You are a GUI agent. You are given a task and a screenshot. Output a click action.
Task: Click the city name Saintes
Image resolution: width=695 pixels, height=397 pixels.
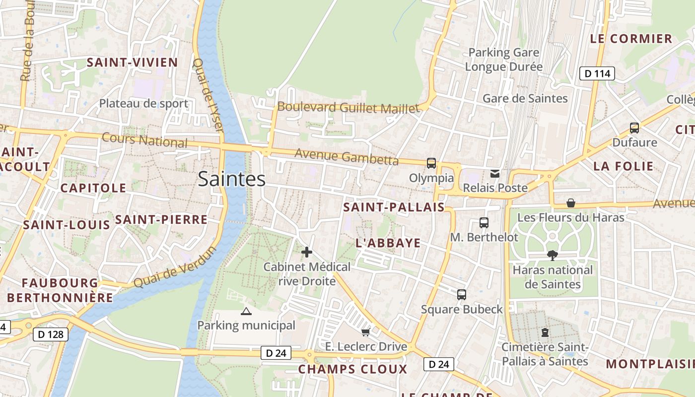pos(231,179)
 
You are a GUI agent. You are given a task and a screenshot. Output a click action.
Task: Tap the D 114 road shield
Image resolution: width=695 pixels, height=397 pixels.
pos(597,73)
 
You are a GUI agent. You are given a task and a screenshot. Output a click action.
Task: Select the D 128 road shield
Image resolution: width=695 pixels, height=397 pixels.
pos(51,334)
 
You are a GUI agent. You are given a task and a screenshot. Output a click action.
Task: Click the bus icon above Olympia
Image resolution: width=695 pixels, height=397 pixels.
pos(431,163)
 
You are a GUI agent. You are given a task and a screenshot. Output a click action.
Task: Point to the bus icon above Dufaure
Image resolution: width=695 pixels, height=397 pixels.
pos(634,128)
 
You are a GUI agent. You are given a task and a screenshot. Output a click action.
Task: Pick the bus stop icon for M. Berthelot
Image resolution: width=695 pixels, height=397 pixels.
pos(484,223)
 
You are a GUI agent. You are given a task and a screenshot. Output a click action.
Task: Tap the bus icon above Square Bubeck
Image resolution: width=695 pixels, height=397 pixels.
pos(462,294)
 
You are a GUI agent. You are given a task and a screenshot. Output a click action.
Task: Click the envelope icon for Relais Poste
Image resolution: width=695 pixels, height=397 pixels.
pos(495,173)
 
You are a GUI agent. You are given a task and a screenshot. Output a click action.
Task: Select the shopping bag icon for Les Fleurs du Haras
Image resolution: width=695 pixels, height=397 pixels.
pos(571,203)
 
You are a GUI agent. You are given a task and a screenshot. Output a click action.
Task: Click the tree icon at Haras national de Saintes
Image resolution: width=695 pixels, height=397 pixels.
pos(552,256)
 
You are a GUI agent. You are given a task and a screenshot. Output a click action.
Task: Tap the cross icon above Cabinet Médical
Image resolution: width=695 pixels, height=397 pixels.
pos(307,252)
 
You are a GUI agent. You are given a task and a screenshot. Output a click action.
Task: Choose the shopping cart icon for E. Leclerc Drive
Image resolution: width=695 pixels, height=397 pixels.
pos(366,331)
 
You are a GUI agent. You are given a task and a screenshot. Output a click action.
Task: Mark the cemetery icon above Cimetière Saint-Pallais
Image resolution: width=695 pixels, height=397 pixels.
pos(545,332)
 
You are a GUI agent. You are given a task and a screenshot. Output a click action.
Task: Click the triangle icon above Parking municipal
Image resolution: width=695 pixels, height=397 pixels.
pos(246,311)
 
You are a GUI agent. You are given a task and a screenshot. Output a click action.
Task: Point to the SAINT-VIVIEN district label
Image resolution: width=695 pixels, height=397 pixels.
pos(132,63)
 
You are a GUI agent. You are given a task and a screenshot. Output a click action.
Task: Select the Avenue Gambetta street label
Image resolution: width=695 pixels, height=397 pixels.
pos(347,156)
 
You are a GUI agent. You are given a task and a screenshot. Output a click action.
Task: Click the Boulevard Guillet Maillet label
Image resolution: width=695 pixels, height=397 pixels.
pos(348,107)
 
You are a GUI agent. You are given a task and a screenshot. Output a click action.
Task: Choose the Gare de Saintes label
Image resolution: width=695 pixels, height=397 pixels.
pos(525,98)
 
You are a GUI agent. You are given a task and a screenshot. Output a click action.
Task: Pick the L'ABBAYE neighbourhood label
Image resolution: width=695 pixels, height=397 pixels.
pos(388,243)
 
